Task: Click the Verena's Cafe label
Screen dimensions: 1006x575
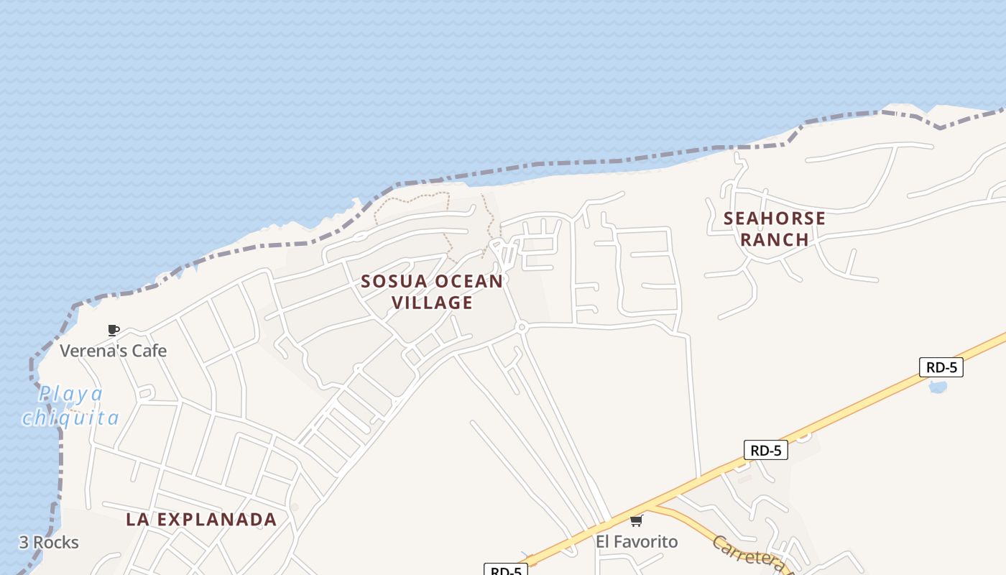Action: click(113, 351)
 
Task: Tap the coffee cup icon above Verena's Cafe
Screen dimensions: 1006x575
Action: click(113, 330)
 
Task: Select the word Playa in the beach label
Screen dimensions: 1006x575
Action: click(70, 394)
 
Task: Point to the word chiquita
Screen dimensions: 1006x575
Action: click(70, 418)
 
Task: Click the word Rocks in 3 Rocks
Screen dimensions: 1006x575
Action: click(55, 543)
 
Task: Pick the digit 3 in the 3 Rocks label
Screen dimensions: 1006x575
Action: click(24, 543)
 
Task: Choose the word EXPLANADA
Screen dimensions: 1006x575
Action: click(216, 520)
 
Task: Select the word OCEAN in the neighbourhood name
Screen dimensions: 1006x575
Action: click(469, 281)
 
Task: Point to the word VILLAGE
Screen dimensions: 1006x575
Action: click(433, 303)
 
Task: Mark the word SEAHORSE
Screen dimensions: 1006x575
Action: click(775, 218)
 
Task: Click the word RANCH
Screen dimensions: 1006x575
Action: click(775, 239)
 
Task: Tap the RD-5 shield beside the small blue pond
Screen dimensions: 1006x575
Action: click(941, 367)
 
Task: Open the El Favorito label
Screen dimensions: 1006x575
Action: click(637, 541)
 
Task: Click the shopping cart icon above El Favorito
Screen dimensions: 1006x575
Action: click(636, 520)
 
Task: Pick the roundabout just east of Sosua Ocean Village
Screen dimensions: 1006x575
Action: click(522, 327)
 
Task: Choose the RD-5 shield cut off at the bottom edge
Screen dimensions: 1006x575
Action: click(506, 570)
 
